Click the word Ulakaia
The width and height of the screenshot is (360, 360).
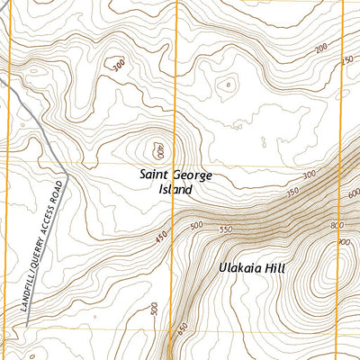point(241,267)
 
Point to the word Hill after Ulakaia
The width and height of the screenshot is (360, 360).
point(281,267)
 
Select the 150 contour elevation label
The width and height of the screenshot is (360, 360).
point(348,59)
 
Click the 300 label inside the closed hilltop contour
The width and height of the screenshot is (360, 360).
point(115,65)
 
